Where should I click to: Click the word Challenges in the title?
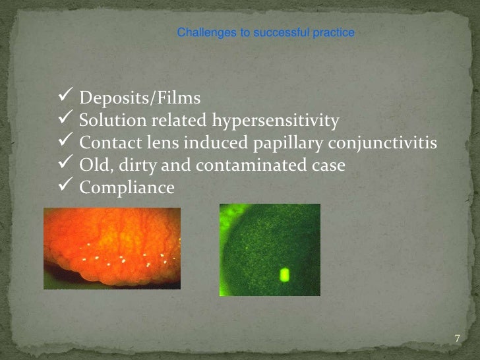pos(202,32)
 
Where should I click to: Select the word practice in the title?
pos(334,32)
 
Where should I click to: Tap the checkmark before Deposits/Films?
pos(65,98)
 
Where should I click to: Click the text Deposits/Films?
pos(140,99)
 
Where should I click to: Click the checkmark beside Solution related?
pos(65,119)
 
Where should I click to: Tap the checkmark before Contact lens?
pos(65,142)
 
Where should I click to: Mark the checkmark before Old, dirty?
pos(65,164)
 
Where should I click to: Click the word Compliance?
pos(127,188)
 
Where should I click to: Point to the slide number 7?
pos(457,339)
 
